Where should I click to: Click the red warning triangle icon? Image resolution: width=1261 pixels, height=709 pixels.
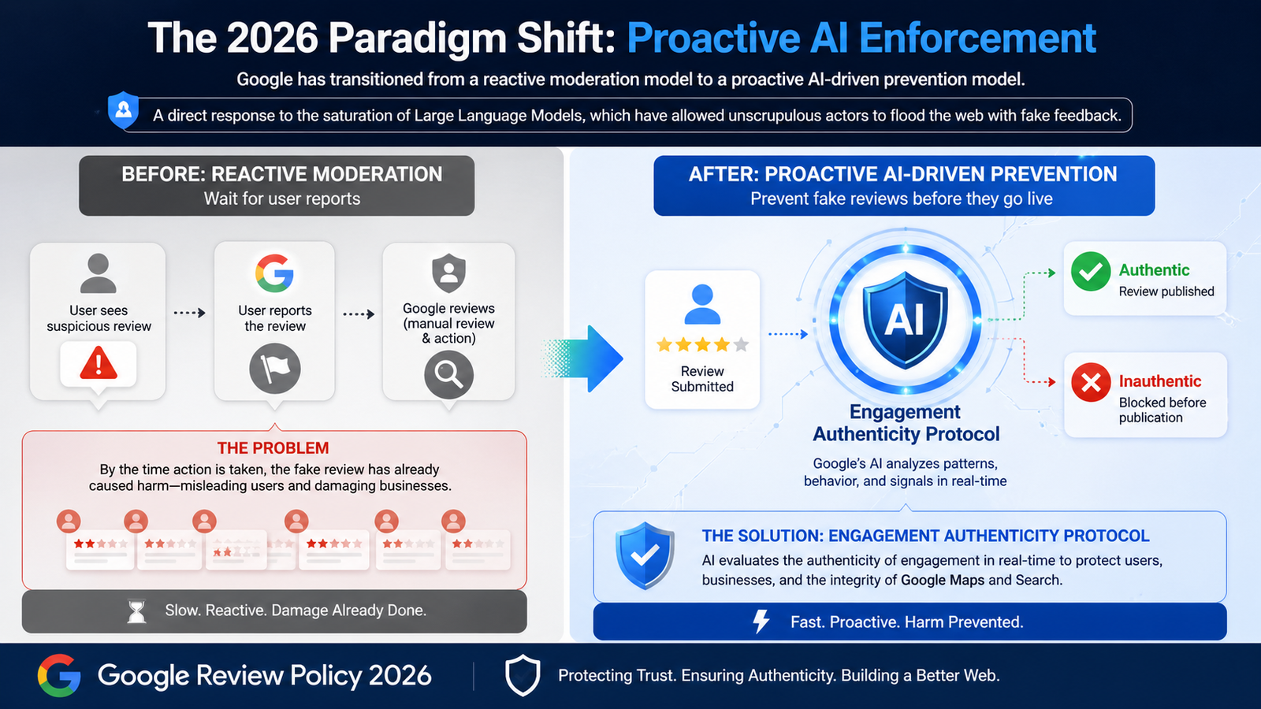[99, 364]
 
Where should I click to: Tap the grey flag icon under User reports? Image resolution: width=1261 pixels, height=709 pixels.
[275, 369]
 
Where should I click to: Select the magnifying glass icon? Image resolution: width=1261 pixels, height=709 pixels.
[448, 375]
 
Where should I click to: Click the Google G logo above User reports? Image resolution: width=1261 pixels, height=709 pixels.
[274, 273]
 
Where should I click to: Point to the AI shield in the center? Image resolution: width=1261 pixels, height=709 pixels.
[905, 319]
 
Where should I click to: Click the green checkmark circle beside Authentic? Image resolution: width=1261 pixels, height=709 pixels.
[1091, 271]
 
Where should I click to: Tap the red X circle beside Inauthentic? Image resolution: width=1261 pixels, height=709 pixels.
[1091, 382]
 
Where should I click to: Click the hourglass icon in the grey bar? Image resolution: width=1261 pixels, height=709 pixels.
[137, 611]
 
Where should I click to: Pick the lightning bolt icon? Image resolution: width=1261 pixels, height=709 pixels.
[761, 622]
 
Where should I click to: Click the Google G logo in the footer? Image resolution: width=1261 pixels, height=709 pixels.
[59, 675]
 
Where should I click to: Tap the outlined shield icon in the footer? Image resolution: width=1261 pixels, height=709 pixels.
[522, 676]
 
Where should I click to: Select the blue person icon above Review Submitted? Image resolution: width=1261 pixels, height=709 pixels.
[702, 304]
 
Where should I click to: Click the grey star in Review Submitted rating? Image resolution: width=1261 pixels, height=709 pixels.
[741, 344]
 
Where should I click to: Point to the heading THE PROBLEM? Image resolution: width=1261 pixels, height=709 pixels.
[273, 448]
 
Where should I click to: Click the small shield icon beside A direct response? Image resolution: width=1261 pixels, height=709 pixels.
[124, 110]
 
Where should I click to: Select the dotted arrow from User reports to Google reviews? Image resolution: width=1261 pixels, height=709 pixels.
[359, 314]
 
